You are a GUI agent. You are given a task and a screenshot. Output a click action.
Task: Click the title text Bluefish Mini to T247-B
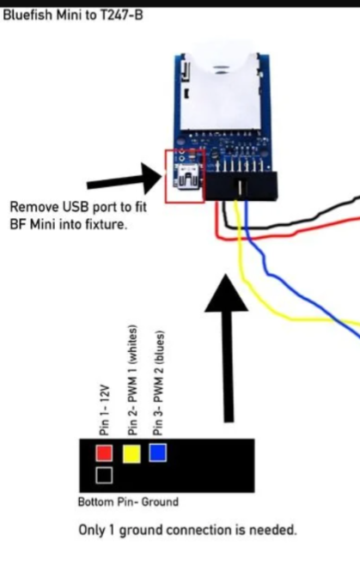(73, 15)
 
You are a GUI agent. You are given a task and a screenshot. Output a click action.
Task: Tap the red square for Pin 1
(104, 453)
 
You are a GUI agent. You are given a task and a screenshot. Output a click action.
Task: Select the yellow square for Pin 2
(131, 453)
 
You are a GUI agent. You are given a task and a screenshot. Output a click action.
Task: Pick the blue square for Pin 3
(158, 453)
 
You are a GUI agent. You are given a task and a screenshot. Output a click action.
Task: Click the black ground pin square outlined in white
(104, 475)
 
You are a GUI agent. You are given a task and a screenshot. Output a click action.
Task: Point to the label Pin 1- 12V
(104, 410)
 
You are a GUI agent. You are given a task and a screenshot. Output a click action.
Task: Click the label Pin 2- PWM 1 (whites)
(132, 380)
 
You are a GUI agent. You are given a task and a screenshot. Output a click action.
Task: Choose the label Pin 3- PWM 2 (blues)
(158, 383)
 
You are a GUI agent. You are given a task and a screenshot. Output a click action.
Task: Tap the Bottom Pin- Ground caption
(128, 501)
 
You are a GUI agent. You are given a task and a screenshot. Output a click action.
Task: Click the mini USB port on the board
(187, 177)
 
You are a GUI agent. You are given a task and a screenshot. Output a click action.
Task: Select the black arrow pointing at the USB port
(124, 179)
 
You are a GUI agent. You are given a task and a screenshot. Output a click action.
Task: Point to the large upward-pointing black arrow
(227, 348)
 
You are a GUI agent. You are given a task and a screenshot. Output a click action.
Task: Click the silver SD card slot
(221, 93)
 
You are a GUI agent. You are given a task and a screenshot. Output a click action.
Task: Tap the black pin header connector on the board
(241, 185)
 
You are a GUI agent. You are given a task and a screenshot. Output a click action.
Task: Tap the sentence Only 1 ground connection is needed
(187, 530)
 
